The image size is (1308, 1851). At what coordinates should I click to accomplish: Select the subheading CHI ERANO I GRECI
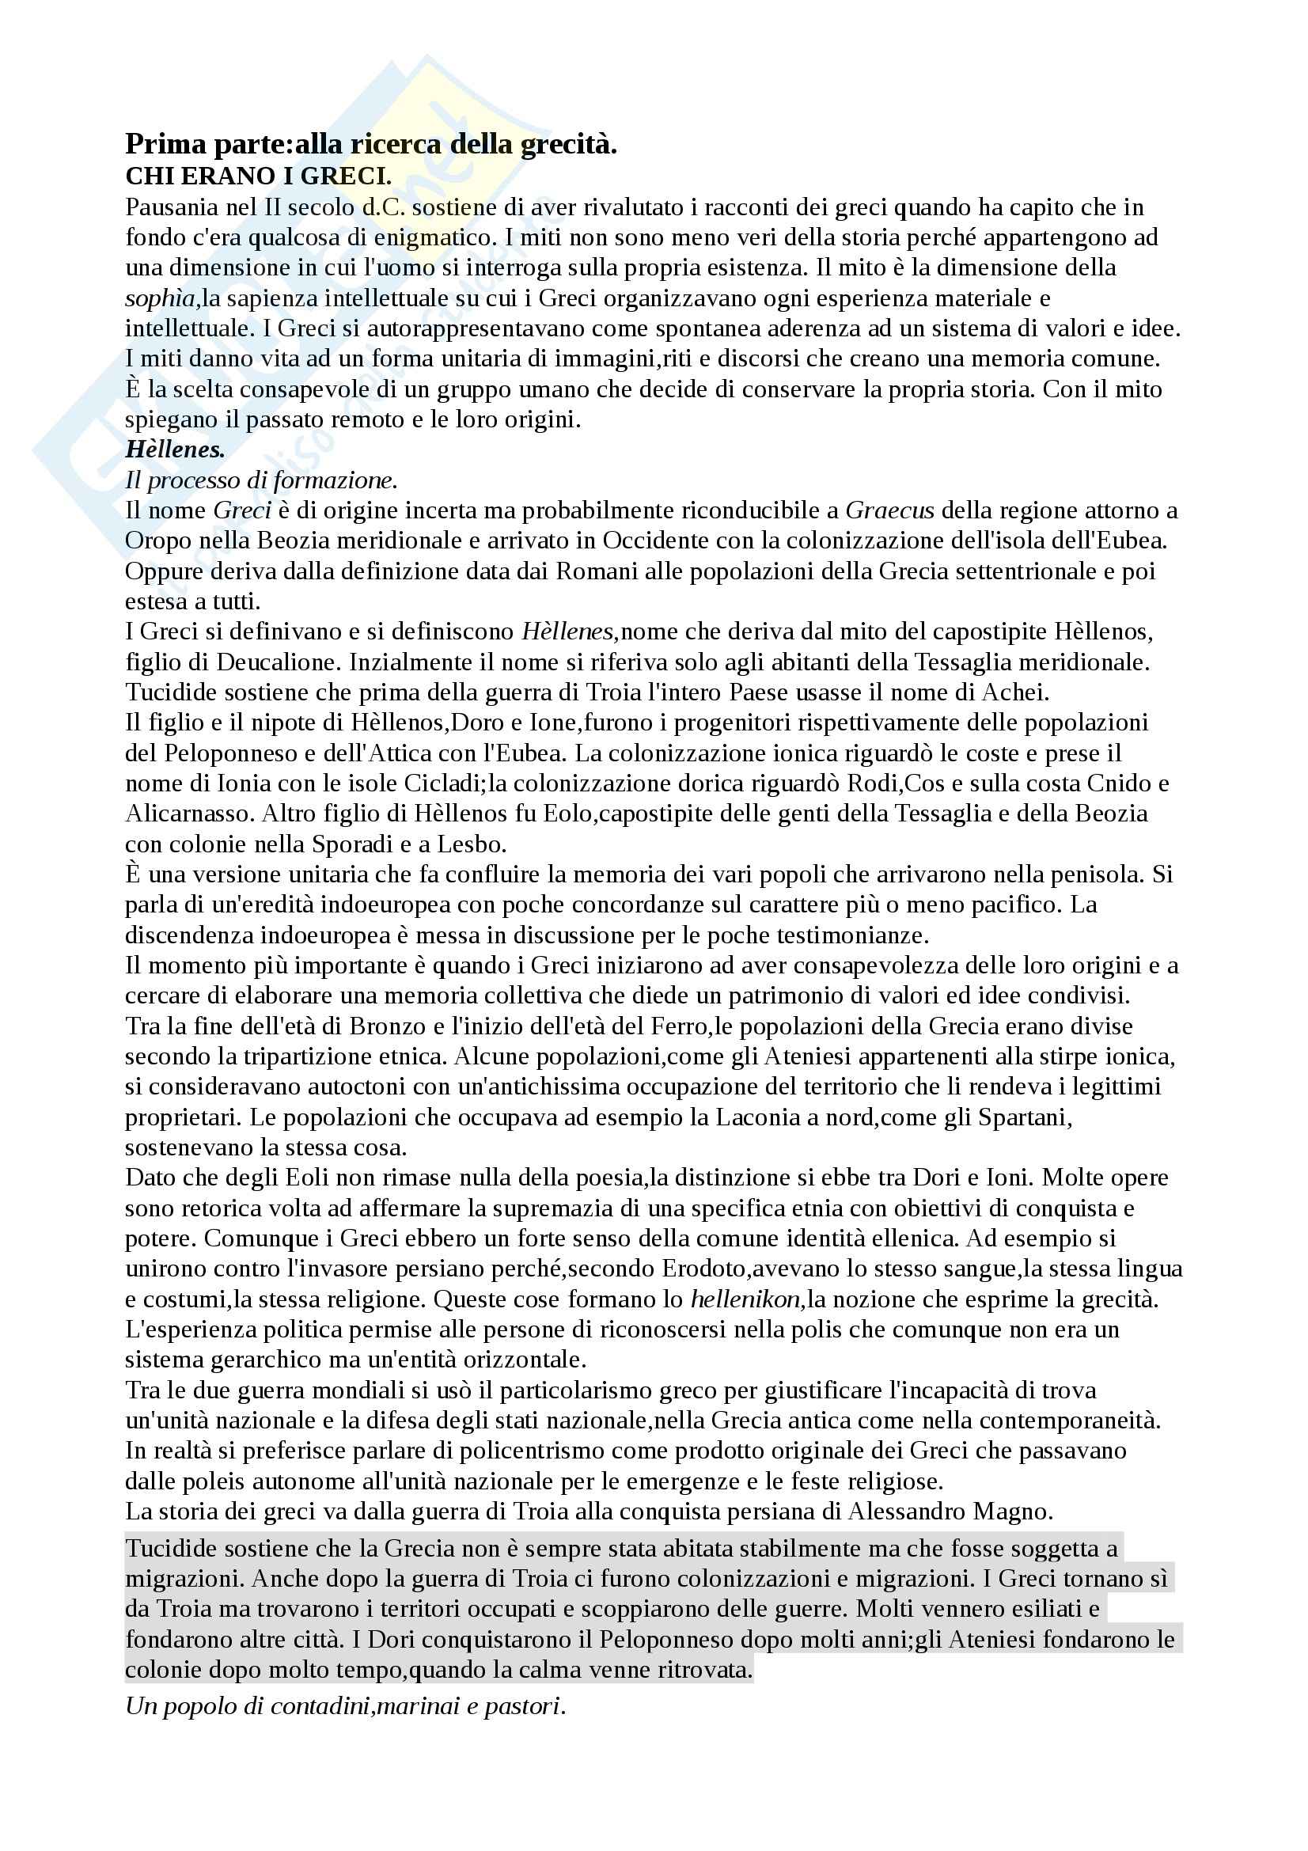click(258, 176)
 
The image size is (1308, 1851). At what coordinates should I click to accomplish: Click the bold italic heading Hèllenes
click(175, 449)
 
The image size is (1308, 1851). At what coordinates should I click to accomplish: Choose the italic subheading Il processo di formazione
click(261, 480)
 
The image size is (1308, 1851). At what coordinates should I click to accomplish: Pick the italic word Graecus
click(889, 510)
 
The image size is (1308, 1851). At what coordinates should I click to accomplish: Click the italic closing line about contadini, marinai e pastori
click(345, 1707)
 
